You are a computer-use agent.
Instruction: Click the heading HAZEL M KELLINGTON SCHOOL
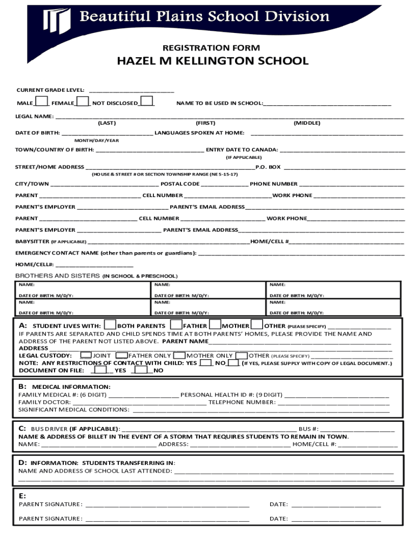pos(213,61)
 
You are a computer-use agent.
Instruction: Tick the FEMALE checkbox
pos(82,102)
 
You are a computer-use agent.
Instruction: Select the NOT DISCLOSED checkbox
pos(147,102)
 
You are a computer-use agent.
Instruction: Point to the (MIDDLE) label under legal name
pos(307,123)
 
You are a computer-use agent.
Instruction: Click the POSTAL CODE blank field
pos(225,184)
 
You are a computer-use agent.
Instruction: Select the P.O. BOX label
pos(268,167)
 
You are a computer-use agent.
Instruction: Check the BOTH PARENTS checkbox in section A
pos(110,325)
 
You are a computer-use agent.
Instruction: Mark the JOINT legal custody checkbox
pos(85,355)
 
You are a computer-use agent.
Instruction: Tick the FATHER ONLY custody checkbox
pos(122,355)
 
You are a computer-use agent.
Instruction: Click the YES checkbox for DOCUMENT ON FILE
pos(100,370)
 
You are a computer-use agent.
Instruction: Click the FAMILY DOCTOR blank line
pos(139,402)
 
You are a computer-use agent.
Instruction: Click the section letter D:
pos(23,463)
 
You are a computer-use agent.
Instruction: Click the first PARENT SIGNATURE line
pos(167,505)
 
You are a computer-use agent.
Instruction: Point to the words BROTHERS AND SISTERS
pos(57,276)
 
